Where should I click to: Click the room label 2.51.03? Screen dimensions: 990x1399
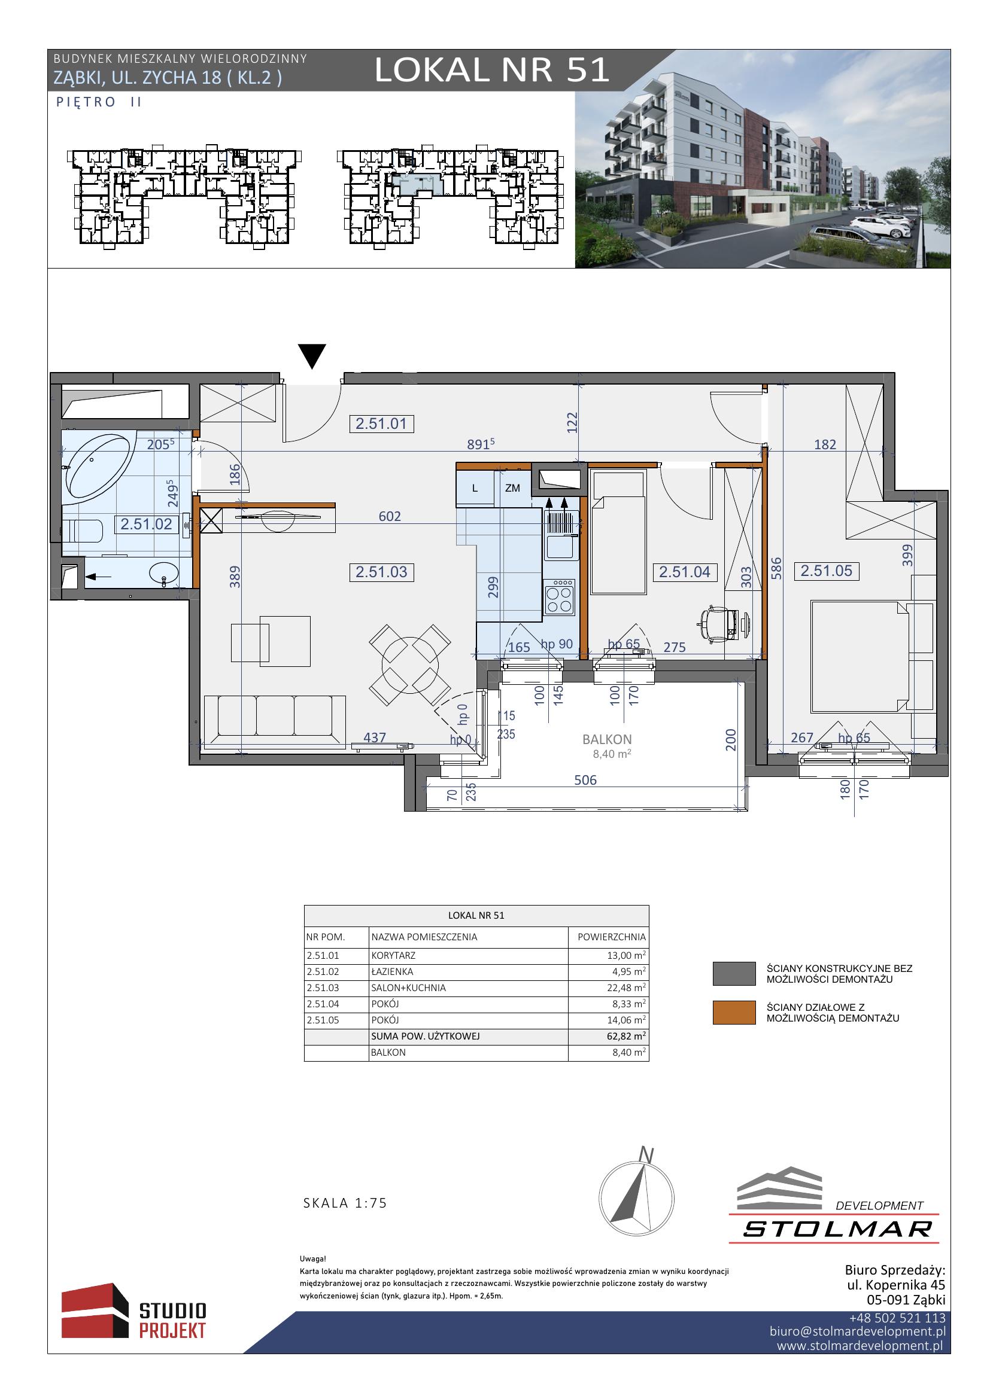[381, 572]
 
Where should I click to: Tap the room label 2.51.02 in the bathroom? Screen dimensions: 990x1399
[146, 524]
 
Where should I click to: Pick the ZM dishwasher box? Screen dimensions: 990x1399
[513, 488]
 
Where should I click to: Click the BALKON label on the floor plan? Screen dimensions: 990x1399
[606, 739]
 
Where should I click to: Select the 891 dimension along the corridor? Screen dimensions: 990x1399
[480, 444]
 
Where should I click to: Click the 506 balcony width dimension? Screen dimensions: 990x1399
[585, 780]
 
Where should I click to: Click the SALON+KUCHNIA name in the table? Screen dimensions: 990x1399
[408, 987]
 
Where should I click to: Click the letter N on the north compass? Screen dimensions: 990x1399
[646, 1154]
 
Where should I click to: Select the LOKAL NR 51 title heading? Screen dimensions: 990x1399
[492, 70]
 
